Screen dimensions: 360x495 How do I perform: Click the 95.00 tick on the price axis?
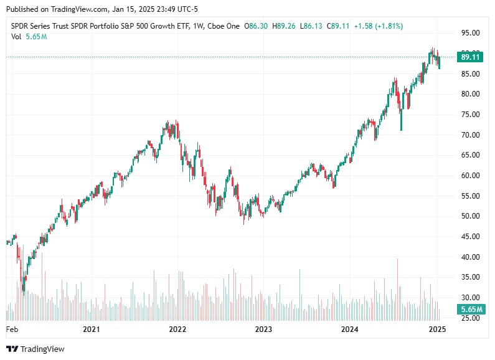click(x=469, y=33)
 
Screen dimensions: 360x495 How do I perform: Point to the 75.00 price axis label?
click(x=469, y=115)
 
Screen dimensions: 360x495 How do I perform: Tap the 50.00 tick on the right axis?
click(x=469, y=216)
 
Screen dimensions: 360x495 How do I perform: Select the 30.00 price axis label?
click(x=469, y=298)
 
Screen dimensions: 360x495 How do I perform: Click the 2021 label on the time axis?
click(x=92, y=329)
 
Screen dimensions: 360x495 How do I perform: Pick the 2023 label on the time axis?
click(x=263, y=329)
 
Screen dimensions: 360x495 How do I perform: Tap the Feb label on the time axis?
click(x=12, y=329)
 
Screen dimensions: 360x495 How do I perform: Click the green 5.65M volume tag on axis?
click(x=469, y=310)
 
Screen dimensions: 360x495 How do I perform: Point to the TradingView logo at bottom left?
click(x=35, y=349)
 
